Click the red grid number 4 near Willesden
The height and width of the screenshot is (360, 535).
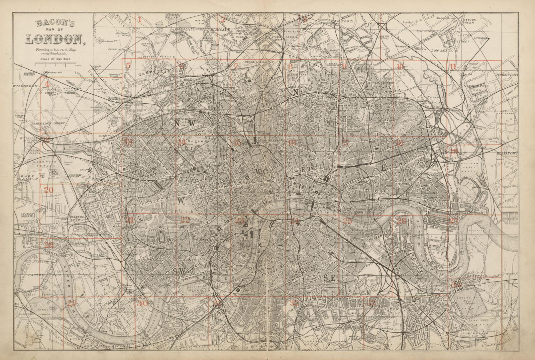(47, 84)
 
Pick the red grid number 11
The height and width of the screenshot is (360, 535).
(453, 67)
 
